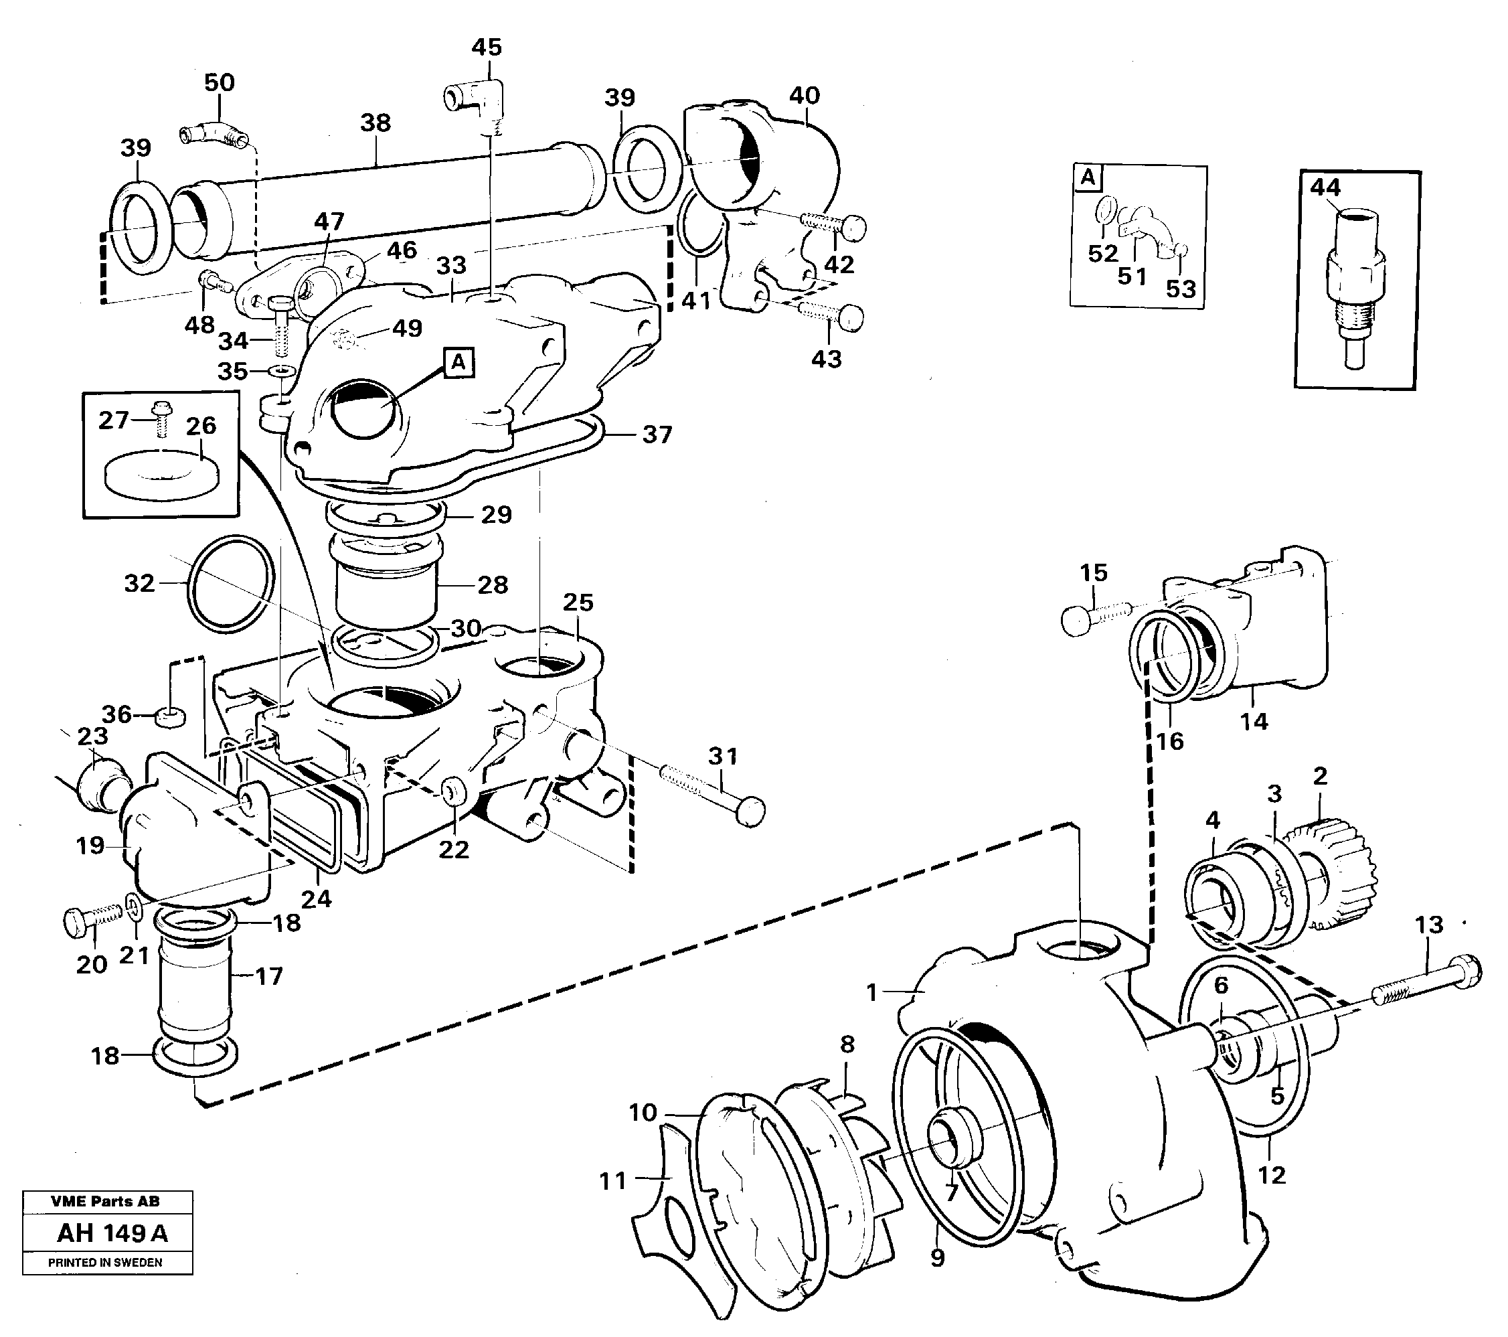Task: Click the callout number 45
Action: tap(486, 48)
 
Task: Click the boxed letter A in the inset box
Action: tap(1088, 179)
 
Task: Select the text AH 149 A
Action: tap(112, 1233)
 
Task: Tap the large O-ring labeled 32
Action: tap(232, 584)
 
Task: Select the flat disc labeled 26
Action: tap(161, 472)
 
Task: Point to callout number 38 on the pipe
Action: tap(375, 123)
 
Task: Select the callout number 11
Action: tap(612, 1181)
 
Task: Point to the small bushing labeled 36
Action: tap(171, 717)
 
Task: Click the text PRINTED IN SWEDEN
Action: tap(106, 1263)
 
